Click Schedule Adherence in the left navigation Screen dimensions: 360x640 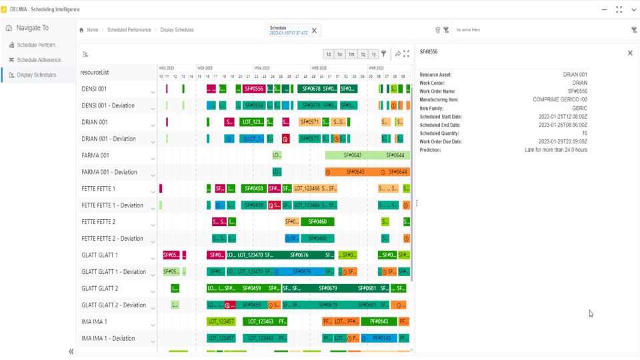39,60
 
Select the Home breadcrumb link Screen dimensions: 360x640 92,30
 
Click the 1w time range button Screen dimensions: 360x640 340,54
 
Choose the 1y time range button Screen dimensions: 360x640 374,54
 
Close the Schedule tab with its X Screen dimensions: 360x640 315,30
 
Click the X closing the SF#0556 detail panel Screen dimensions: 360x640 630,53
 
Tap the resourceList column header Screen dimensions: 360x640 95,72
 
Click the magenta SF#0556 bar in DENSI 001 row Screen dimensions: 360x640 254,89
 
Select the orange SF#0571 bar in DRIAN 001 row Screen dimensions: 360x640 309,122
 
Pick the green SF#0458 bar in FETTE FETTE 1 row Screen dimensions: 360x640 254,189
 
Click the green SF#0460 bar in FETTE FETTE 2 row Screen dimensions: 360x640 317,222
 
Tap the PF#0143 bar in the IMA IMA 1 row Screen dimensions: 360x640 379,321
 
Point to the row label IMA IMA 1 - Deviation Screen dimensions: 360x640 108,338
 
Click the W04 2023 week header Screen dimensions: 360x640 262,68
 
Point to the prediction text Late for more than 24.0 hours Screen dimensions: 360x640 556,150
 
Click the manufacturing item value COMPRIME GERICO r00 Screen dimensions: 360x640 560,100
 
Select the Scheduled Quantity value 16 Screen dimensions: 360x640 585,133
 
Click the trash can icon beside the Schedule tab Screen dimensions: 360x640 437,30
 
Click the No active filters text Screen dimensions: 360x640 468,30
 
